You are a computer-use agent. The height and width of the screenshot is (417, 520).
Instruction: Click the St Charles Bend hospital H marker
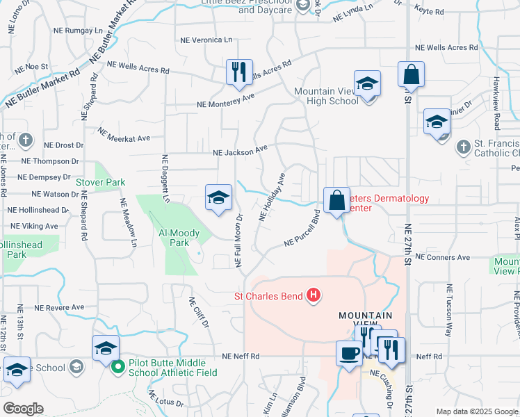point(314,296)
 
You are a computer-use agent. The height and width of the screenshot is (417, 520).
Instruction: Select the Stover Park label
point(106,182)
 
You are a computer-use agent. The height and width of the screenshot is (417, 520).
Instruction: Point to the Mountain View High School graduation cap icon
point(367,84)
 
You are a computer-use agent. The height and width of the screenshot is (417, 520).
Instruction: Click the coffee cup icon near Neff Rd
point(348,353)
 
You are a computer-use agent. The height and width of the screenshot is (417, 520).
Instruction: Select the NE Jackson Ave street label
point(240,151)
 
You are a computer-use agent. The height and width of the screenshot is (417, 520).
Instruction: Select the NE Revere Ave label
point(59,306)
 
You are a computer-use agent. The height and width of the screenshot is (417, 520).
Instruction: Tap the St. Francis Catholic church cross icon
point(464,147)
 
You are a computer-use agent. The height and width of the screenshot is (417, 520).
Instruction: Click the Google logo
point(22,409)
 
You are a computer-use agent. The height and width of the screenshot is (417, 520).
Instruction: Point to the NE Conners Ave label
point(442,257)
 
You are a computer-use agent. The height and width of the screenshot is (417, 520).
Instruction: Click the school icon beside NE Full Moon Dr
point(218,198)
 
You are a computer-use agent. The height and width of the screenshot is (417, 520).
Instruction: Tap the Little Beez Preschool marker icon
point(302,6)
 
